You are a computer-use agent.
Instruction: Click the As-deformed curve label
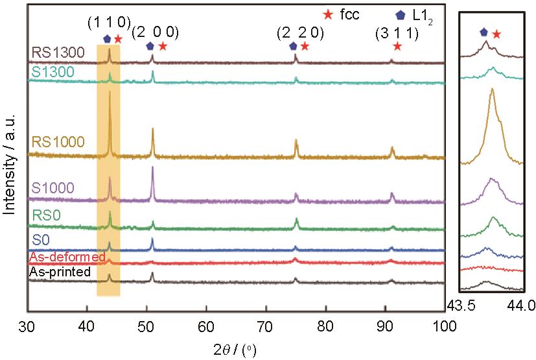pyautogui.click(x=66, y=258)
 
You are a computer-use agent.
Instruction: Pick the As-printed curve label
pyautogui.click(x=59, y=272)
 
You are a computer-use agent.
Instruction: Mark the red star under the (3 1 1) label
pyautogui.click(x=397, y=46)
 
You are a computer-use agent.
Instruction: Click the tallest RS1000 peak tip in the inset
pyautogui.click(x=492, y=89)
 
